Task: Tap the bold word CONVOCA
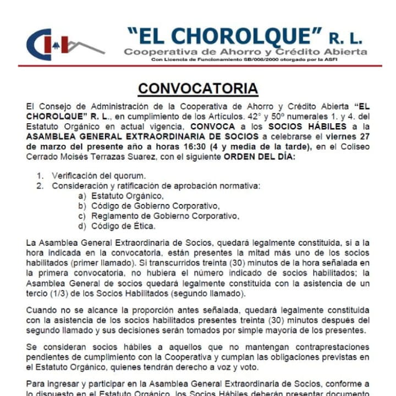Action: point(218,127)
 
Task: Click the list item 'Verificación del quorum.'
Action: point(99,176)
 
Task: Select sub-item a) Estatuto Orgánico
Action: point(127,196)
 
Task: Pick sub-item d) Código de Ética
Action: point(123,226)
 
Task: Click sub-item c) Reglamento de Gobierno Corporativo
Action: point(165,216)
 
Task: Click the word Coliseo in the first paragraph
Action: point(351,146)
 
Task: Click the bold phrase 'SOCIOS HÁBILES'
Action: point(297,127)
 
